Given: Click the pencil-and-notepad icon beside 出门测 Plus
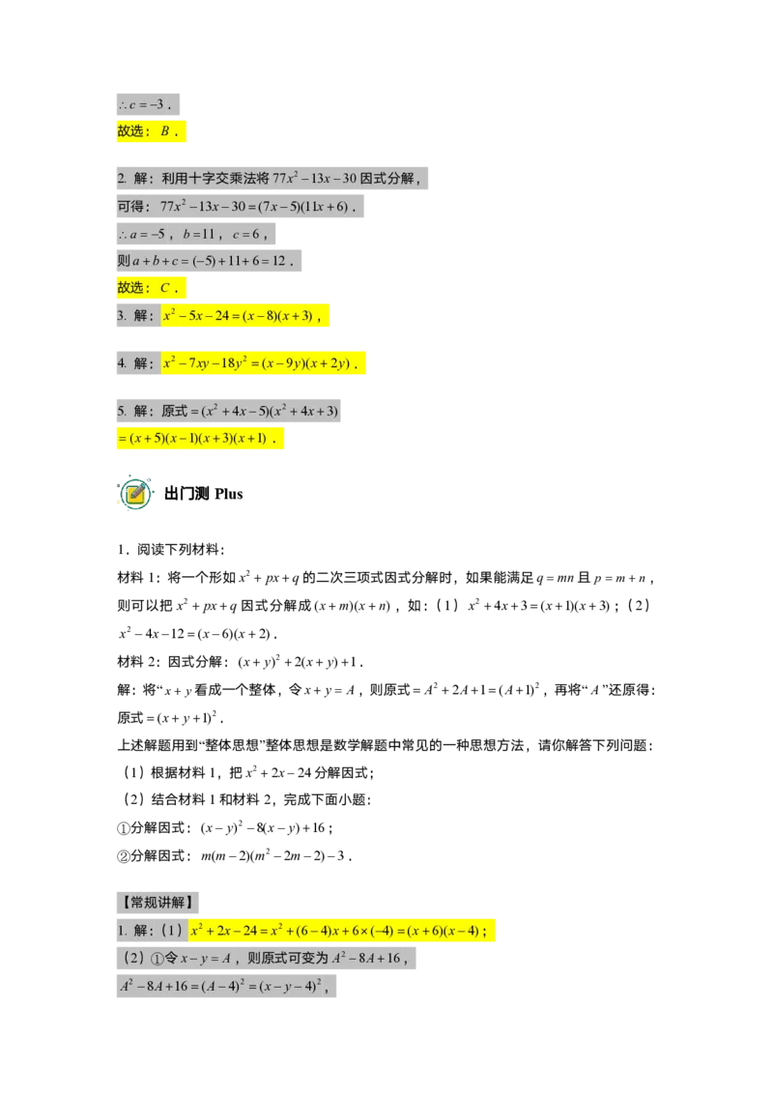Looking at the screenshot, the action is click(134, 493).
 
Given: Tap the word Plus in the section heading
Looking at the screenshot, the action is click(229, 494).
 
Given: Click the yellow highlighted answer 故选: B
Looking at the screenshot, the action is click(152, 131).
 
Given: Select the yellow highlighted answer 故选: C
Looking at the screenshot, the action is click(152, 287).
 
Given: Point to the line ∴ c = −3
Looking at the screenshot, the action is click(148, 104).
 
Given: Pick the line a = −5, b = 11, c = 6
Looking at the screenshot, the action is click(196, 234).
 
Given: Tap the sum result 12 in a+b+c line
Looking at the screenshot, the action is click(279, 261).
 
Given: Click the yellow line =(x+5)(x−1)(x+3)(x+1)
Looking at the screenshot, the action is click(200, 438).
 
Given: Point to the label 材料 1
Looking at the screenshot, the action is click(139, 578).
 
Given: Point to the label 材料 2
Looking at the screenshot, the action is click(139, 661).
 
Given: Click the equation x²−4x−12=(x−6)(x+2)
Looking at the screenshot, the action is click(198, 634).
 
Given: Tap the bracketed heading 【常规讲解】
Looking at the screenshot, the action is click(157, 902).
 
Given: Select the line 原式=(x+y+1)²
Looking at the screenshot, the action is click(170, 717).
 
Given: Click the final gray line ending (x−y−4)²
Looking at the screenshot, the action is click(226, 986).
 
